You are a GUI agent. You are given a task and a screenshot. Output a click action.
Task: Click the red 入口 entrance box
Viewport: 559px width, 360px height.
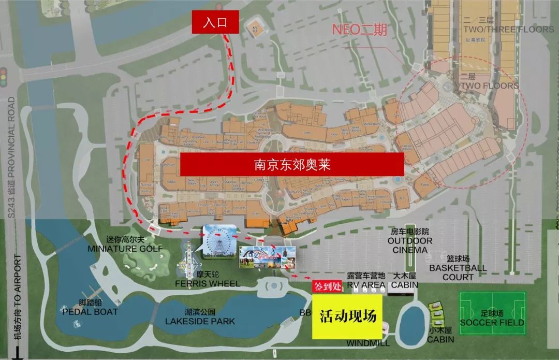click(x=215, y=22)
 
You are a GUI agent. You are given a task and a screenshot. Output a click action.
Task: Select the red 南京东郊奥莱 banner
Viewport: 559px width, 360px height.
click(x=291, y=164)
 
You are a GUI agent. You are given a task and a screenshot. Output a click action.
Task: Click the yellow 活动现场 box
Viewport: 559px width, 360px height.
click(x=347, y=316)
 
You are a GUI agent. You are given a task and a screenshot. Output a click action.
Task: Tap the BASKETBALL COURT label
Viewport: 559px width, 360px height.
click(x=458, y=272)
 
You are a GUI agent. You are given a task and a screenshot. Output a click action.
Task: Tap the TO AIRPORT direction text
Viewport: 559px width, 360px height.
click(x=18, y=300)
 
